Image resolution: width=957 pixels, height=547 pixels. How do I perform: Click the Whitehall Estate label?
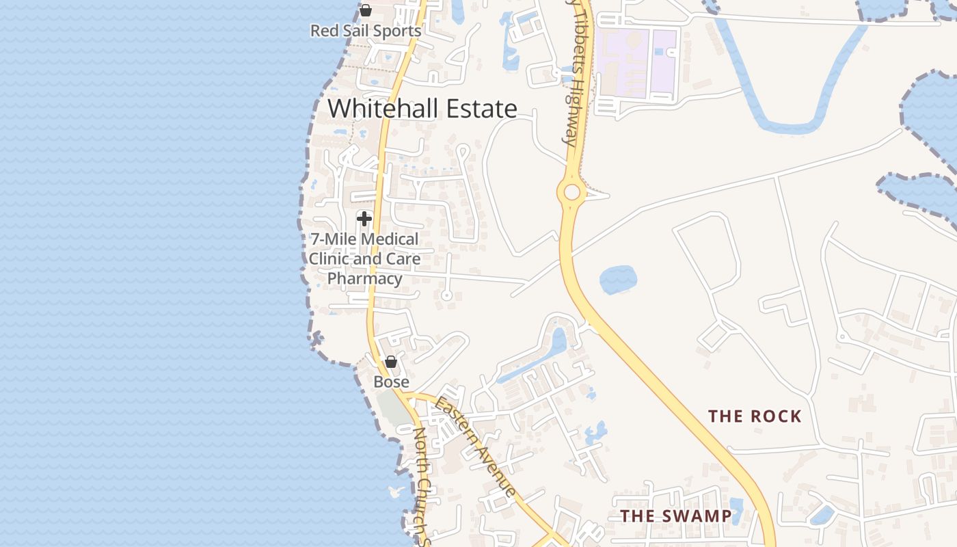tap(422, 109)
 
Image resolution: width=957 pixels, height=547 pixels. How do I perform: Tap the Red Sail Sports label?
tap(365, 31)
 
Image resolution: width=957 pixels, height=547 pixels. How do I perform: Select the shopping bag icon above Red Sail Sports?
tap(366, 10)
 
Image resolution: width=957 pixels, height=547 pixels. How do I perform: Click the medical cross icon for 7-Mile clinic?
tap(364, 219)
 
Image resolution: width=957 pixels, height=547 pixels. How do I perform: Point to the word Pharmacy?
tap(364, 278)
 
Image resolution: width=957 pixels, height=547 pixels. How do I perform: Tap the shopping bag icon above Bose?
tap(391, 362)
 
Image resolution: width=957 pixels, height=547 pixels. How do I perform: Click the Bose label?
tap(391, 382)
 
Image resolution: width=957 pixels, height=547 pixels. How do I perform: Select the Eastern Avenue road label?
tap(476, 445)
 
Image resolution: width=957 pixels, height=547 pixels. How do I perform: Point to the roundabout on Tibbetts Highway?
tap(571, 192)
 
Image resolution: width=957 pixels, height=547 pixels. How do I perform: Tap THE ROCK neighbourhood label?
tap(755, 416)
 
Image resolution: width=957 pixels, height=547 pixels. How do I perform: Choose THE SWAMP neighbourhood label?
tap(675, 516)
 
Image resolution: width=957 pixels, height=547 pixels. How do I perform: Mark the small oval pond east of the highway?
tap(618, 280)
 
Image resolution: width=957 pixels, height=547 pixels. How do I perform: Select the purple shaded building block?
tap(636, 62)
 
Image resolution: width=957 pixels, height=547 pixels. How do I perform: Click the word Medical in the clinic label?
tap(390, 239)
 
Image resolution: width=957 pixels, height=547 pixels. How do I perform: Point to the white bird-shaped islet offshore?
tap(395, 492)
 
